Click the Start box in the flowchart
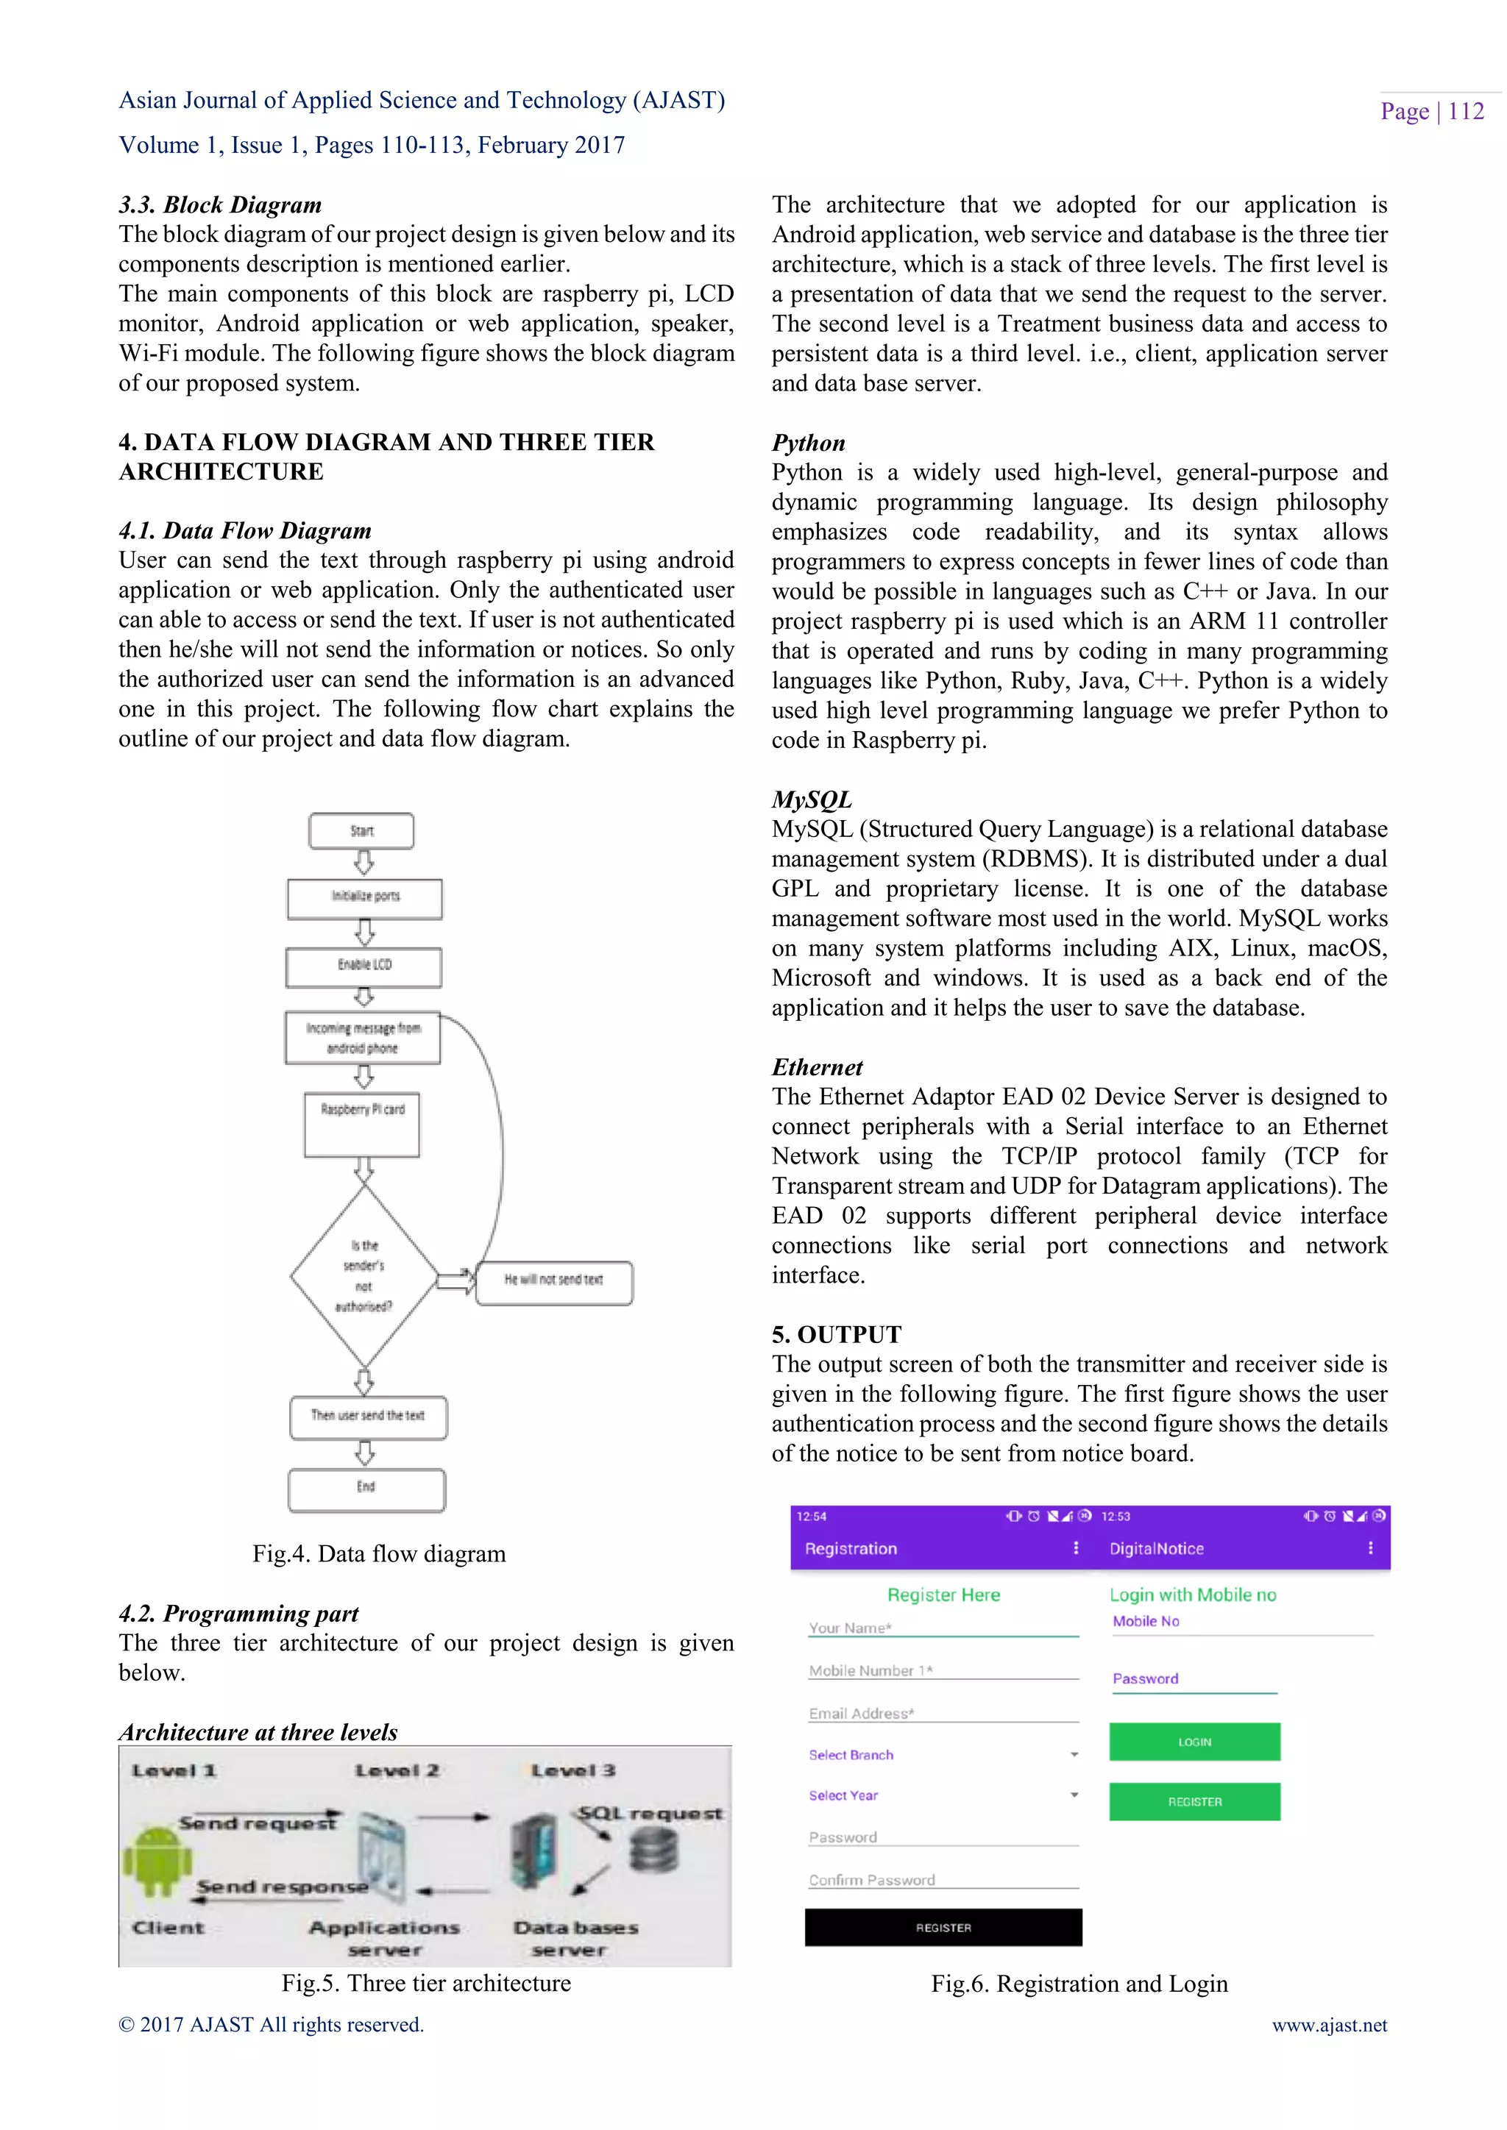(361, 830)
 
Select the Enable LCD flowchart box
(364, 966)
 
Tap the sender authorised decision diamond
(364, 1277)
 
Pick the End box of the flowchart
(366, 1488)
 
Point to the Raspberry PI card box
(362, 1125)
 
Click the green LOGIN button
(1194, 1742)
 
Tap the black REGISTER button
(943, 1927)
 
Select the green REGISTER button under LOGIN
(1194, 1800)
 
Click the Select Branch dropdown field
(943, 1754)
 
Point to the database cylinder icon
(654, 1852)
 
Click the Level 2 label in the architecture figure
(397, 1770)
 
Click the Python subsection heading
(808, 443)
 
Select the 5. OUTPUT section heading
(836, 1334)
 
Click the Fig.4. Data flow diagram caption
(379, 1554)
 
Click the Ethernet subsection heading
(817, 1067)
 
